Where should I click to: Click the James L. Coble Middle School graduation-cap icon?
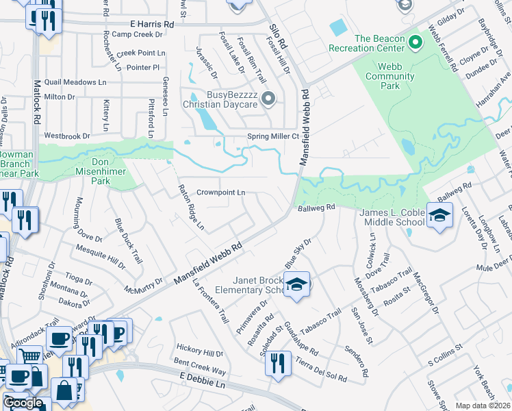439,216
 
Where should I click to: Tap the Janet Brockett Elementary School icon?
296,285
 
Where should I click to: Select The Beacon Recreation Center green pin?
414,43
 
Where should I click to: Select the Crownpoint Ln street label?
220,193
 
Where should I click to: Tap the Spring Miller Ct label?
274,136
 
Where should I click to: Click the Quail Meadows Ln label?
75,82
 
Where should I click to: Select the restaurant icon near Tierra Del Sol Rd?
277,363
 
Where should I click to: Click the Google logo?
23,403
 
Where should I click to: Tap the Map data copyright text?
483,406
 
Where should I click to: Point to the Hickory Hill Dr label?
199,353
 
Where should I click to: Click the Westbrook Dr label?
67,136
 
